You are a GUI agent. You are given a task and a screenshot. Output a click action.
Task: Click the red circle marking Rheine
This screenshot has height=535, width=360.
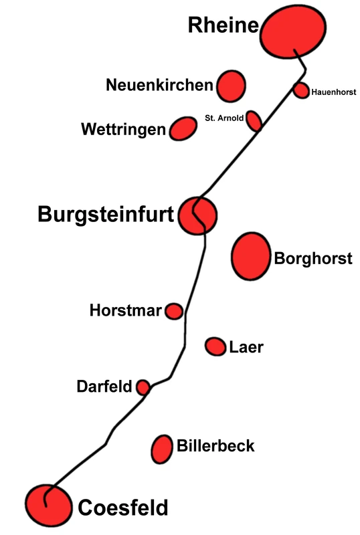pyautogui.click(x=292, y=31)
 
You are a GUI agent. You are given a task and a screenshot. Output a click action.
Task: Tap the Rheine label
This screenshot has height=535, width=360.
pyautogui.click(x=223, y=25)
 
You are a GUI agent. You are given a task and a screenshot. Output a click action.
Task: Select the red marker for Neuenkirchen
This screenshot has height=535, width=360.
pyautogui.click(x=231, y=86)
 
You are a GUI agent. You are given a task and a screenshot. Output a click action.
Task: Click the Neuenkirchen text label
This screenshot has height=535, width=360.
pyautogui.click(x=159, y=85)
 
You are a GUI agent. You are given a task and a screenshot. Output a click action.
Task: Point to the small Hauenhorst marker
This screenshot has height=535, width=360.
pyautogui.click(x=301, y=90)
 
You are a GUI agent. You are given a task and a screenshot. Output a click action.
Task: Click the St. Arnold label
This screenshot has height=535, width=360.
pyautogui.click(x=224, y=118)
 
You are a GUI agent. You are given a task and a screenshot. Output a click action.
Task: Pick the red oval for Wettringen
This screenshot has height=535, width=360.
pyautogui.click(x=183, y=128)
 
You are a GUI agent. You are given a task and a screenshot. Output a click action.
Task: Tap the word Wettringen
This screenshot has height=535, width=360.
pyautogui.click(x=123, y=129)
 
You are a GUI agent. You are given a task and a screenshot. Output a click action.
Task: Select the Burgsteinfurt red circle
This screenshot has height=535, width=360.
pyautogui.click(x=197, y=215)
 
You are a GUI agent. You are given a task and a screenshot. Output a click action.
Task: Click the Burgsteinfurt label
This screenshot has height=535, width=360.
pyautogui.click(x=106, y=215)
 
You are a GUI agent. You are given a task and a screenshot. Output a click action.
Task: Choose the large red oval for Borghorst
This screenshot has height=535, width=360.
pyautogui.click(x=251, y=256)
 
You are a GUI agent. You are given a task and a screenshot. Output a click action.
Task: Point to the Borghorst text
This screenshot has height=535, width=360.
pyautogui.click(x=313, y=258)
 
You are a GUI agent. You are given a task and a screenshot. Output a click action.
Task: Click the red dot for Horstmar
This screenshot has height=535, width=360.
pyautogui.click(x=174, y=311)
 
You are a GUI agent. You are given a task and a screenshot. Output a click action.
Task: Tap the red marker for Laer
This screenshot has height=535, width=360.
pyautogui.click(x=215, y=346)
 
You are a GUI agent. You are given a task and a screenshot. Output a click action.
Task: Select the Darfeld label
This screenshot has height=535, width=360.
pyautogui.click(x=104, y=387)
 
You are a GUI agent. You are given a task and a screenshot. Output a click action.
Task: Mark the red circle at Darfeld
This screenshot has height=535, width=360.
pyautogui.click(x=143, y=387)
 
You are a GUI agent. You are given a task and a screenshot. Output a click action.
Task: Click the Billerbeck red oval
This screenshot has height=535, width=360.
pyautogui.click(x=162, y=449)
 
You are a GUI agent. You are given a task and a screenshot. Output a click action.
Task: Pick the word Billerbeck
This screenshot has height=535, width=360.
pyautogui.click(x=215, y=445)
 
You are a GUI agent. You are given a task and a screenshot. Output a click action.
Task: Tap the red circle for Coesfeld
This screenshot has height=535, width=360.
pyautogui.click(x=48, y=506)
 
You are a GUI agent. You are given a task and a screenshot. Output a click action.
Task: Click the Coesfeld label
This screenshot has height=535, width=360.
pyautogui.click(x=123, y=508)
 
